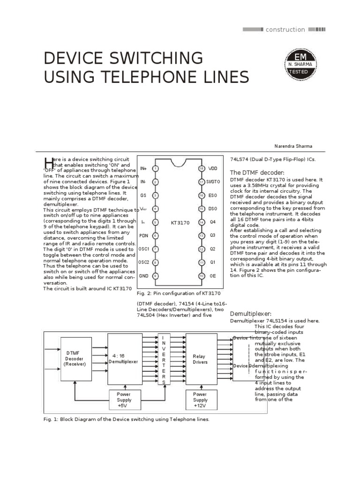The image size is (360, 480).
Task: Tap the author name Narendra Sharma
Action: [x=293, y=146]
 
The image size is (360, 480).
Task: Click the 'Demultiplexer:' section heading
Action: [x=251, y=314]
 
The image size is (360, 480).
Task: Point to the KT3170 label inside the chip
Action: [x=180, y=223]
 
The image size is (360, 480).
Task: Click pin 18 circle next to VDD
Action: [x=201, y=168]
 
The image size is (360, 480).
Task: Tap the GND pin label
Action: [x=144, y=276]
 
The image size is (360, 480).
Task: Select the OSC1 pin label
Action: [x=144, y=248]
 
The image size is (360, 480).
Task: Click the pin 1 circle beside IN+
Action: [x=156, y=168]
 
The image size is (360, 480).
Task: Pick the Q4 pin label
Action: [x=212, y=222]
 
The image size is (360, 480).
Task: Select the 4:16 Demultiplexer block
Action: [x=124, y=359]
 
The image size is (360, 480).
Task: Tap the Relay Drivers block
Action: [x=199, y=359]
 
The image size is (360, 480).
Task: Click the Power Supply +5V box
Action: [x=124, y=400]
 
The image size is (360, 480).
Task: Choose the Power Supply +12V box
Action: [x=200, y=400]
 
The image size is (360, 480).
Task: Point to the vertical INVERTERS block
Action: [x=164, y=360]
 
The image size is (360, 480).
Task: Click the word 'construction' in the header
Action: [x=285, y=30]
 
